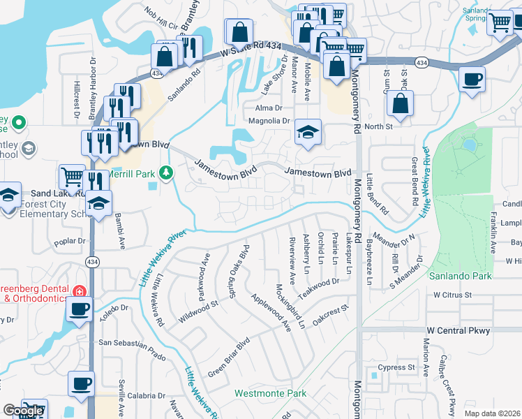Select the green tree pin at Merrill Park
click(x=165, y=172)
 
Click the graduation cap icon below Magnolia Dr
click(x=306, y=132)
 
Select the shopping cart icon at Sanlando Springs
click(x=500, y=23)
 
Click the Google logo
click(x=23, y=411)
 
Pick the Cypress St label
click(x=396, y=367)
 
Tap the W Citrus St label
click(x=453, y=295)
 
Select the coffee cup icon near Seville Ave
click(x=81, y=383)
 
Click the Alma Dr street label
click(x=269, y=108)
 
